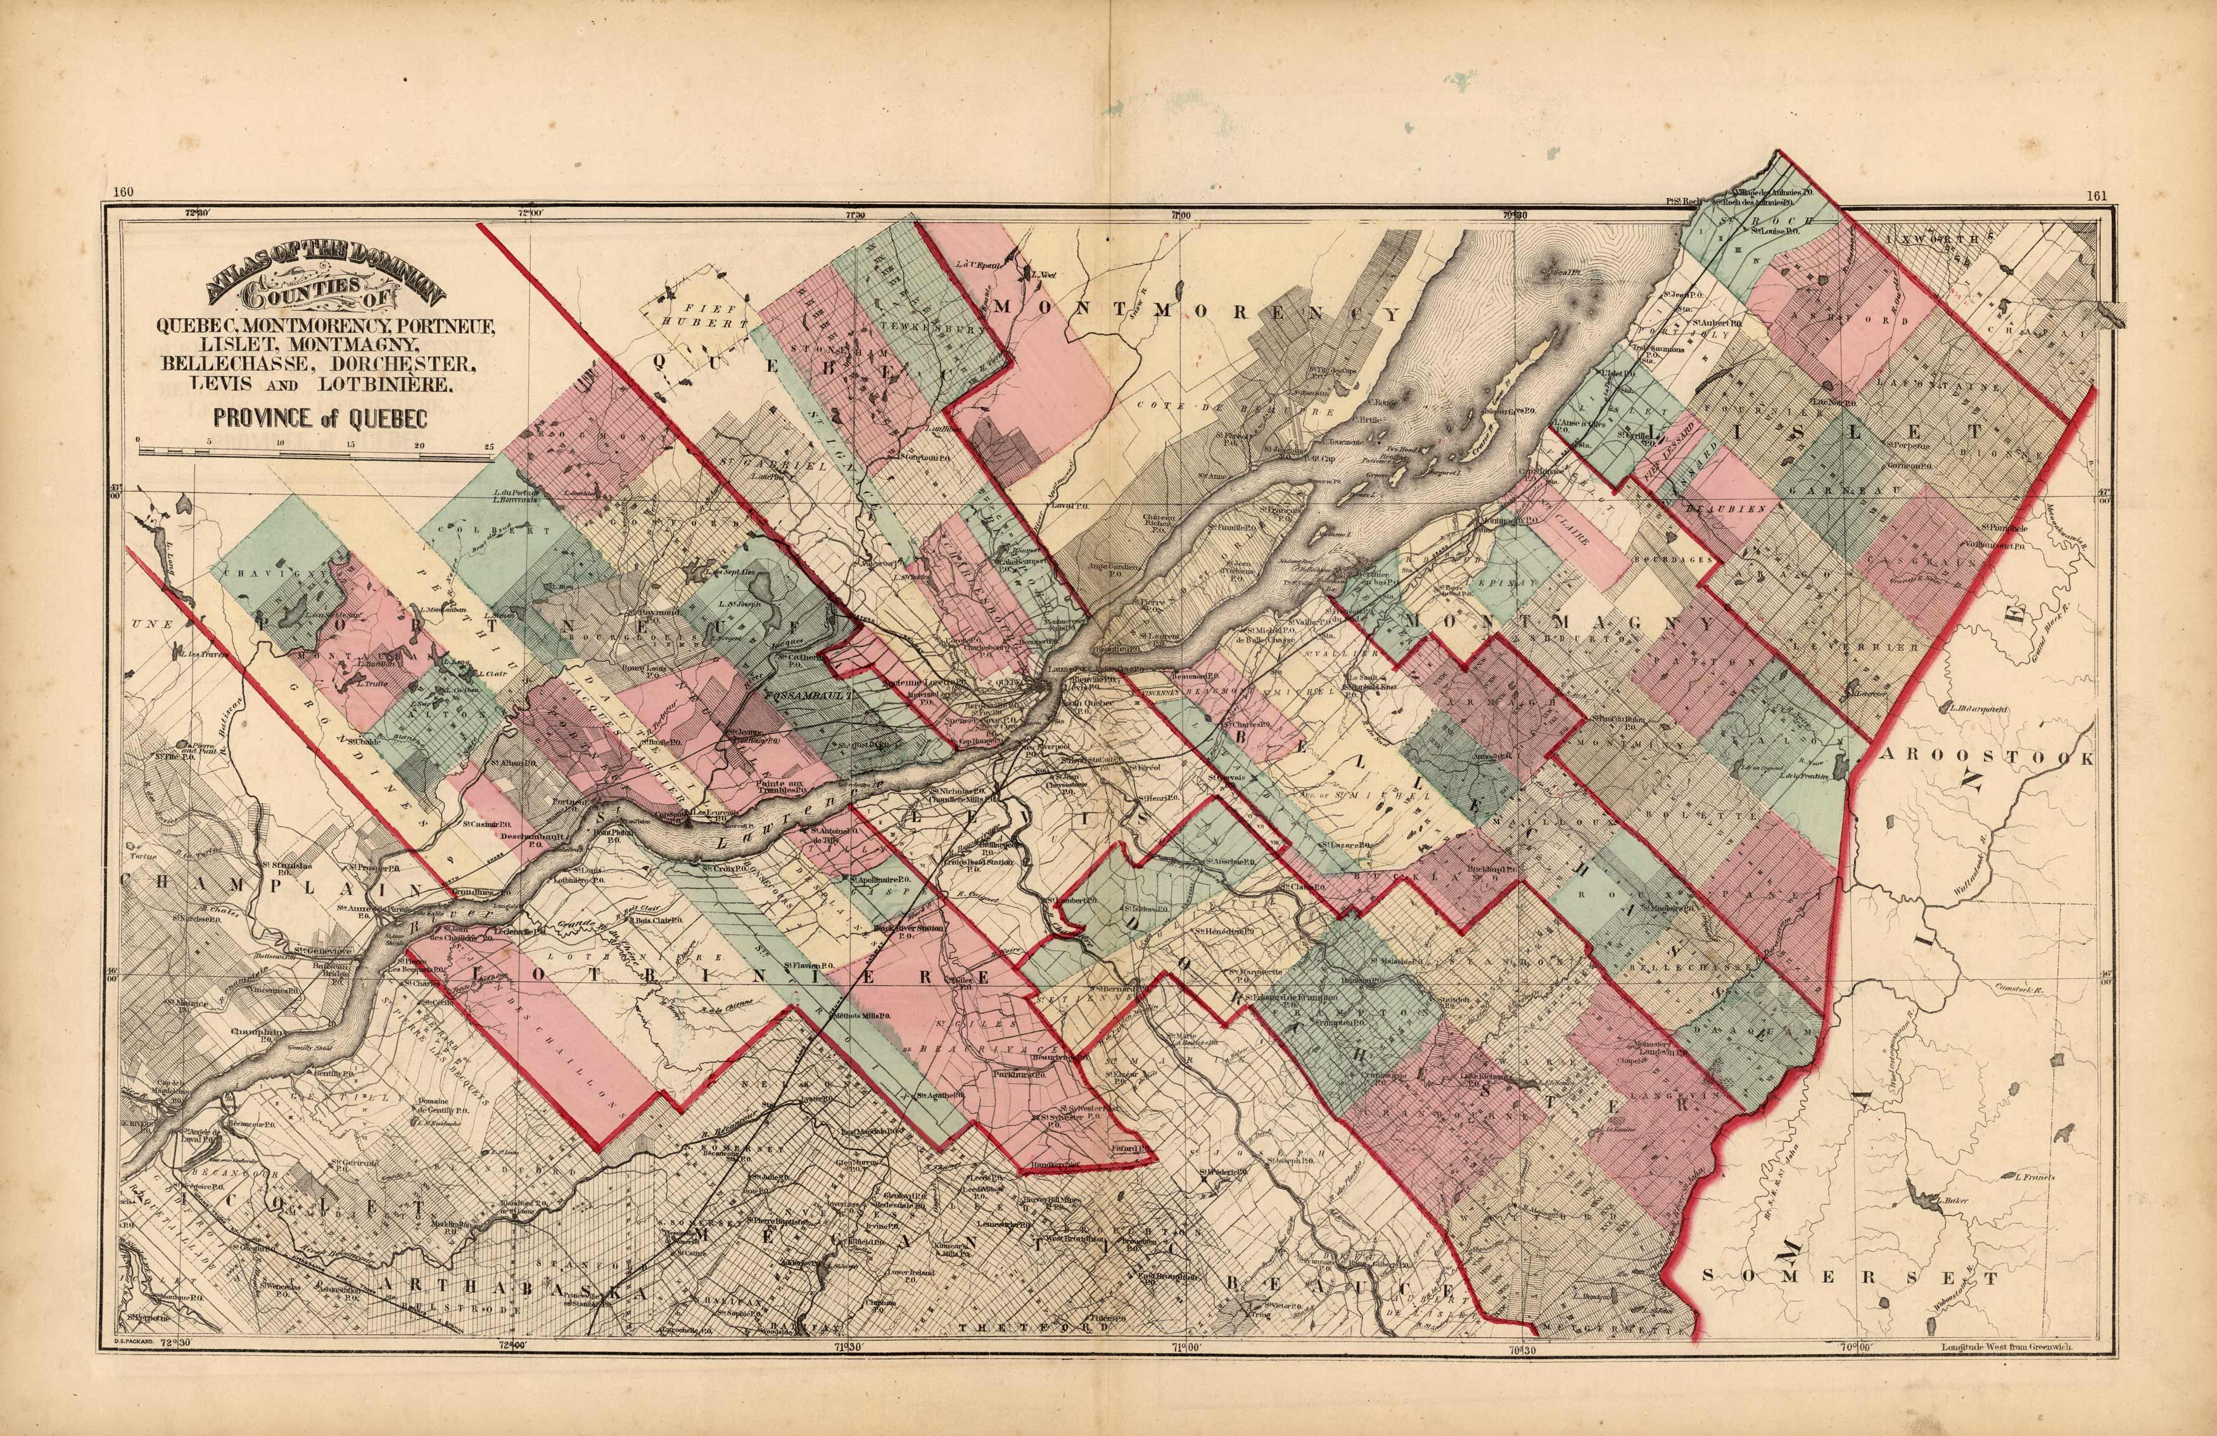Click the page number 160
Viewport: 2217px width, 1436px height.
click(x=123, y=192)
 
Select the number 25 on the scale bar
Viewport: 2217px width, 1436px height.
click(x=489, y=446)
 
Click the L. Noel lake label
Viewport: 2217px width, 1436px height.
click(x=1047, y=275)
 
